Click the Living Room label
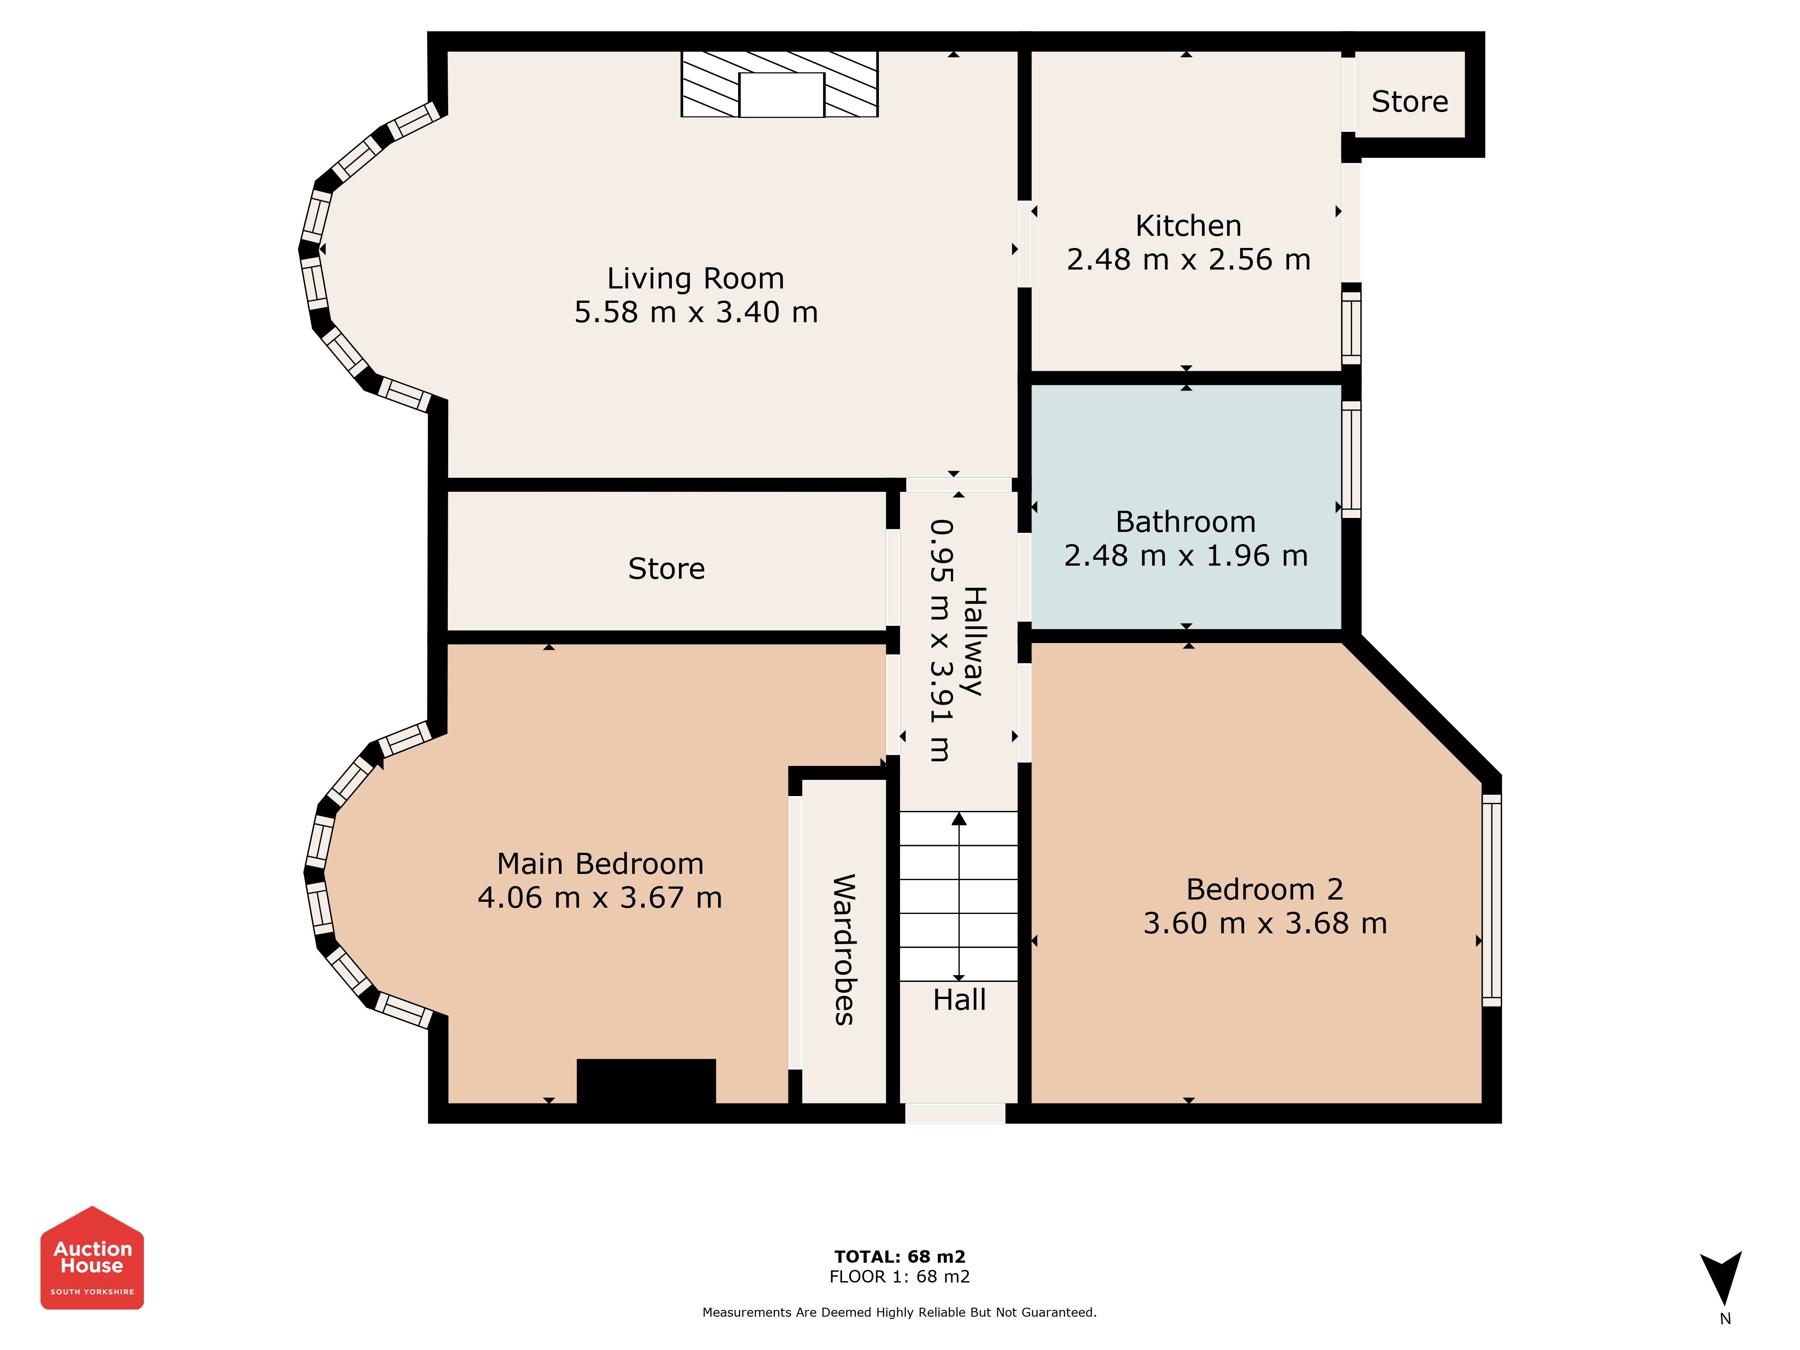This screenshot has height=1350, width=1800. pos(696,278)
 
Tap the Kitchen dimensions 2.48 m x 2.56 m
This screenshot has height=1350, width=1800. pos(1189,260)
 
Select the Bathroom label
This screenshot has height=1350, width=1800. pos(1186,522)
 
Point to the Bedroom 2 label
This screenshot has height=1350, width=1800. pos(1264,889)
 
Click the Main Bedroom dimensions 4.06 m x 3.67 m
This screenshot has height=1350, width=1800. pos(600,898)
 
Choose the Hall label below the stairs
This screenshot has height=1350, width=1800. pos(959,999)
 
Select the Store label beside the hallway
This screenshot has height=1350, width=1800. pos(666,569)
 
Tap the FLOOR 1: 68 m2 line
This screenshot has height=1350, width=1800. pos(900,1277)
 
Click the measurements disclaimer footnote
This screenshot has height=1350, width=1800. pos(900,1313)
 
